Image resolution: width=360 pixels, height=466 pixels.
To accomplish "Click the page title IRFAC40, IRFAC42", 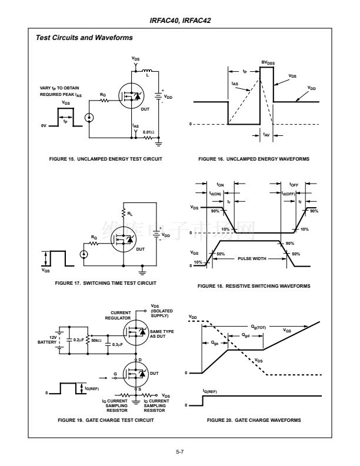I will point(180,20).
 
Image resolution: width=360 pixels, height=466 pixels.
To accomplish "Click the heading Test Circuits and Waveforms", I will point(84,38).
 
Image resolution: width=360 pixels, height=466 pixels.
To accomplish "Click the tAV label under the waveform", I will point(266,134).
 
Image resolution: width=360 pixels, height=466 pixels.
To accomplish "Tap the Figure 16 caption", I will point(254,159).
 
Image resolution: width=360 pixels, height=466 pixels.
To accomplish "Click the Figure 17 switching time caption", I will point(106,283).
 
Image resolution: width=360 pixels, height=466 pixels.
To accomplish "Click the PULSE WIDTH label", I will point(252,258).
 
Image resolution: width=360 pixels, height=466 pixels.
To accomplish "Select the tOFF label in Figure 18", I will point(293,184).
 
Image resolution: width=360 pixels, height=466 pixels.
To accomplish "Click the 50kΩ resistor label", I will point(94,340).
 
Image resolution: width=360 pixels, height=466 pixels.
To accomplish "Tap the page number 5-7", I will point(180,451).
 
